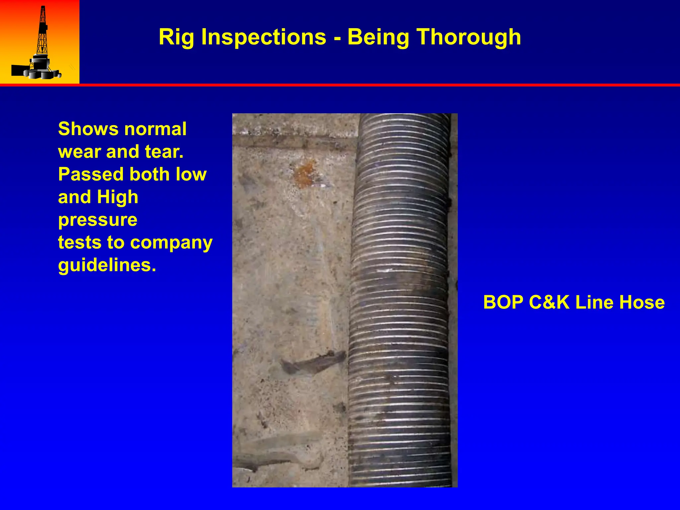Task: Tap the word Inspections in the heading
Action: point(264,37)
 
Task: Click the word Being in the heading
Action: point(378,37)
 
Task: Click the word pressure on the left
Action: point(98,220)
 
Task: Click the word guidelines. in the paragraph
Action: point(107,265)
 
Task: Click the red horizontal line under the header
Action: point(340,85)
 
